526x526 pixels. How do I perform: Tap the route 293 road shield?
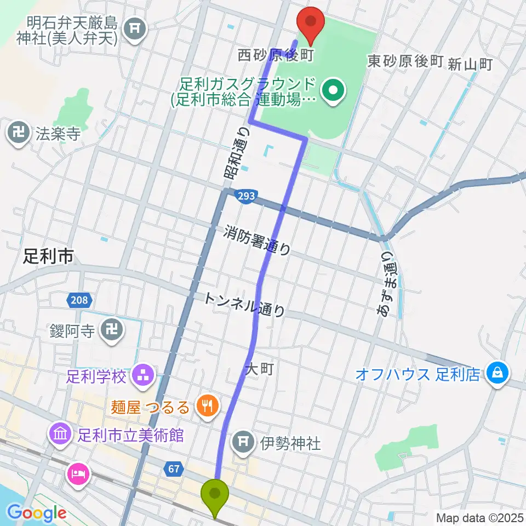point(246,195)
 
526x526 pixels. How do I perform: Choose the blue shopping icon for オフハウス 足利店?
point(499,375)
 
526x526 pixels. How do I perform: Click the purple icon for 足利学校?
point(145,376)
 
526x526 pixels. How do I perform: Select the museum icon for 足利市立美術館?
point(60,436)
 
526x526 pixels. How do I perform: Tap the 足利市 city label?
point(48,256)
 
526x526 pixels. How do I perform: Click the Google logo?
point(37,512)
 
